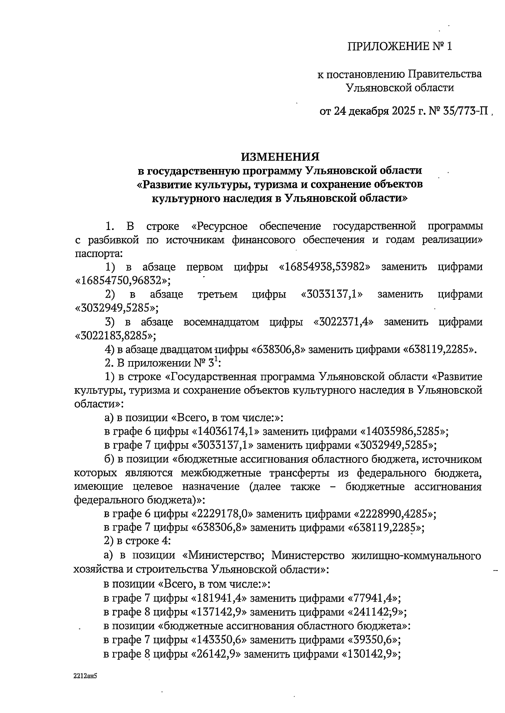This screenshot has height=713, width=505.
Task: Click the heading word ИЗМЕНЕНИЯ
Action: coord(280,157)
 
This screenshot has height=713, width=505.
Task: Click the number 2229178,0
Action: coord(224,514)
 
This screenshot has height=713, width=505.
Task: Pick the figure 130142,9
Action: coord(369,654)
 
